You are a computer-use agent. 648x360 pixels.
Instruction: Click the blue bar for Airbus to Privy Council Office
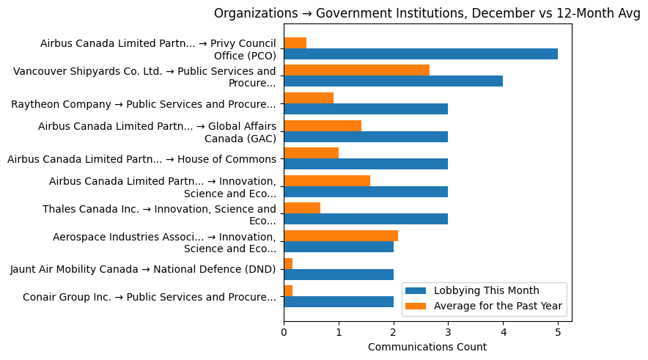click(420, 54)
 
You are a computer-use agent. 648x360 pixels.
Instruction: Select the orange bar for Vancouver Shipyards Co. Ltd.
click(356, 70)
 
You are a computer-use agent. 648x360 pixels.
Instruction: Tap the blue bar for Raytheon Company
click(365, 109)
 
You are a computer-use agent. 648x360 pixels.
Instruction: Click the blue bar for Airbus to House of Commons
click(365, 164)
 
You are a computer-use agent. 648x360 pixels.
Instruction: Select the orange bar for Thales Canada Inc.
click(302, 208)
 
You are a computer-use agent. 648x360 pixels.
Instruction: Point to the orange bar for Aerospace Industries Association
click(341, 235)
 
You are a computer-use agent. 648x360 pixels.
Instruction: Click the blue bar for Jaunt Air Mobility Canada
click(338, 274)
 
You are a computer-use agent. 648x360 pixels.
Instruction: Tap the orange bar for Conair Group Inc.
click(288, 291)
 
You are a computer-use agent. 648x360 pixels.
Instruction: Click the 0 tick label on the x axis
click(284, 331)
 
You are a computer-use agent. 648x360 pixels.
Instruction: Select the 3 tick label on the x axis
click(448, 331)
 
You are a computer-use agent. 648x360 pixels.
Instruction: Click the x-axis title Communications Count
click(427, 347)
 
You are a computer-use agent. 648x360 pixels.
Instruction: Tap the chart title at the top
click(427, 13)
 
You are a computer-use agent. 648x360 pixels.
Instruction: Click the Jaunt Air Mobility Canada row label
click(143, 269)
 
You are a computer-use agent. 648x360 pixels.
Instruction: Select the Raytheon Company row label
click(144, 104)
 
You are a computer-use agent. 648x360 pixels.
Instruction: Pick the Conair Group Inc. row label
click(150, 297)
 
